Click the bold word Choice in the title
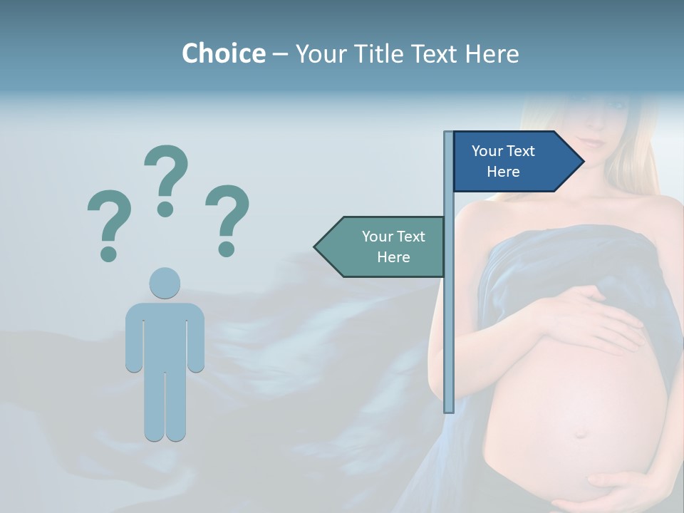pyautogui.click(x=223, y=53)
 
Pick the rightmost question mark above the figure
pyautogui.click(x=227, y=219)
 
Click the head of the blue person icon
pyautogui.click(x=165, y=283)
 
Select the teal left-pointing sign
pyautogui.click(x=385, y=247)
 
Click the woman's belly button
pyautogui.click(x=581, y=432)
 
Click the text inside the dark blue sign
pyautogui.click(x=503, y=161)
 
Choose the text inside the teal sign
pyautogui.click(x=393, y=247)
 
